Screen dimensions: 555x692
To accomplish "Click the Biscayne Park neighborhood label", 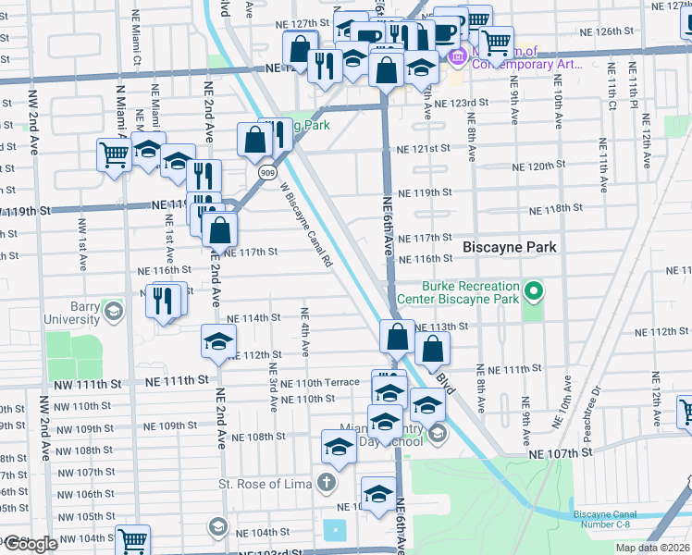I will coord(510,247).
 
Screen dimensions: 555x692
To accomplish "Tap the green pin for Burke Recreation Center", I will coord(533,293).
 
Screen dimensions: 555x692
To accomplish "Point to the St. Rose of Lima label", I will coord(265,483).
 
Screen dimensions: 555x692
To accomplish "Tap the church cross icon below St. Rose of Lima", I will coord(326,482).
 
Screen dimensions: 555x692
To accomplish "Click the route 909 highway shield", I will coord(266,172).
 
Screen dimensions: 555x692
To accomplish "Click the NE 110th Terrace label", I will coord(319,383).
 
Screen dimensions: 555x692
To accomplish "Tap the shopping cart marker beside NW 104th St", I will coord(132,539).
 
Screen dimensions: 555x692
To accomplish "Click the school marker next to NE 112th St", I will coord(218,341).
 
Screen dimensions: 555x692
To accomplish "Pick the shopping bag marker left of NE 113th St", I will coord(397,335).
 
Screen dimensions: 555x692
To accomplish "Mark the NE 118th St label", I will coord(555,210).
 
